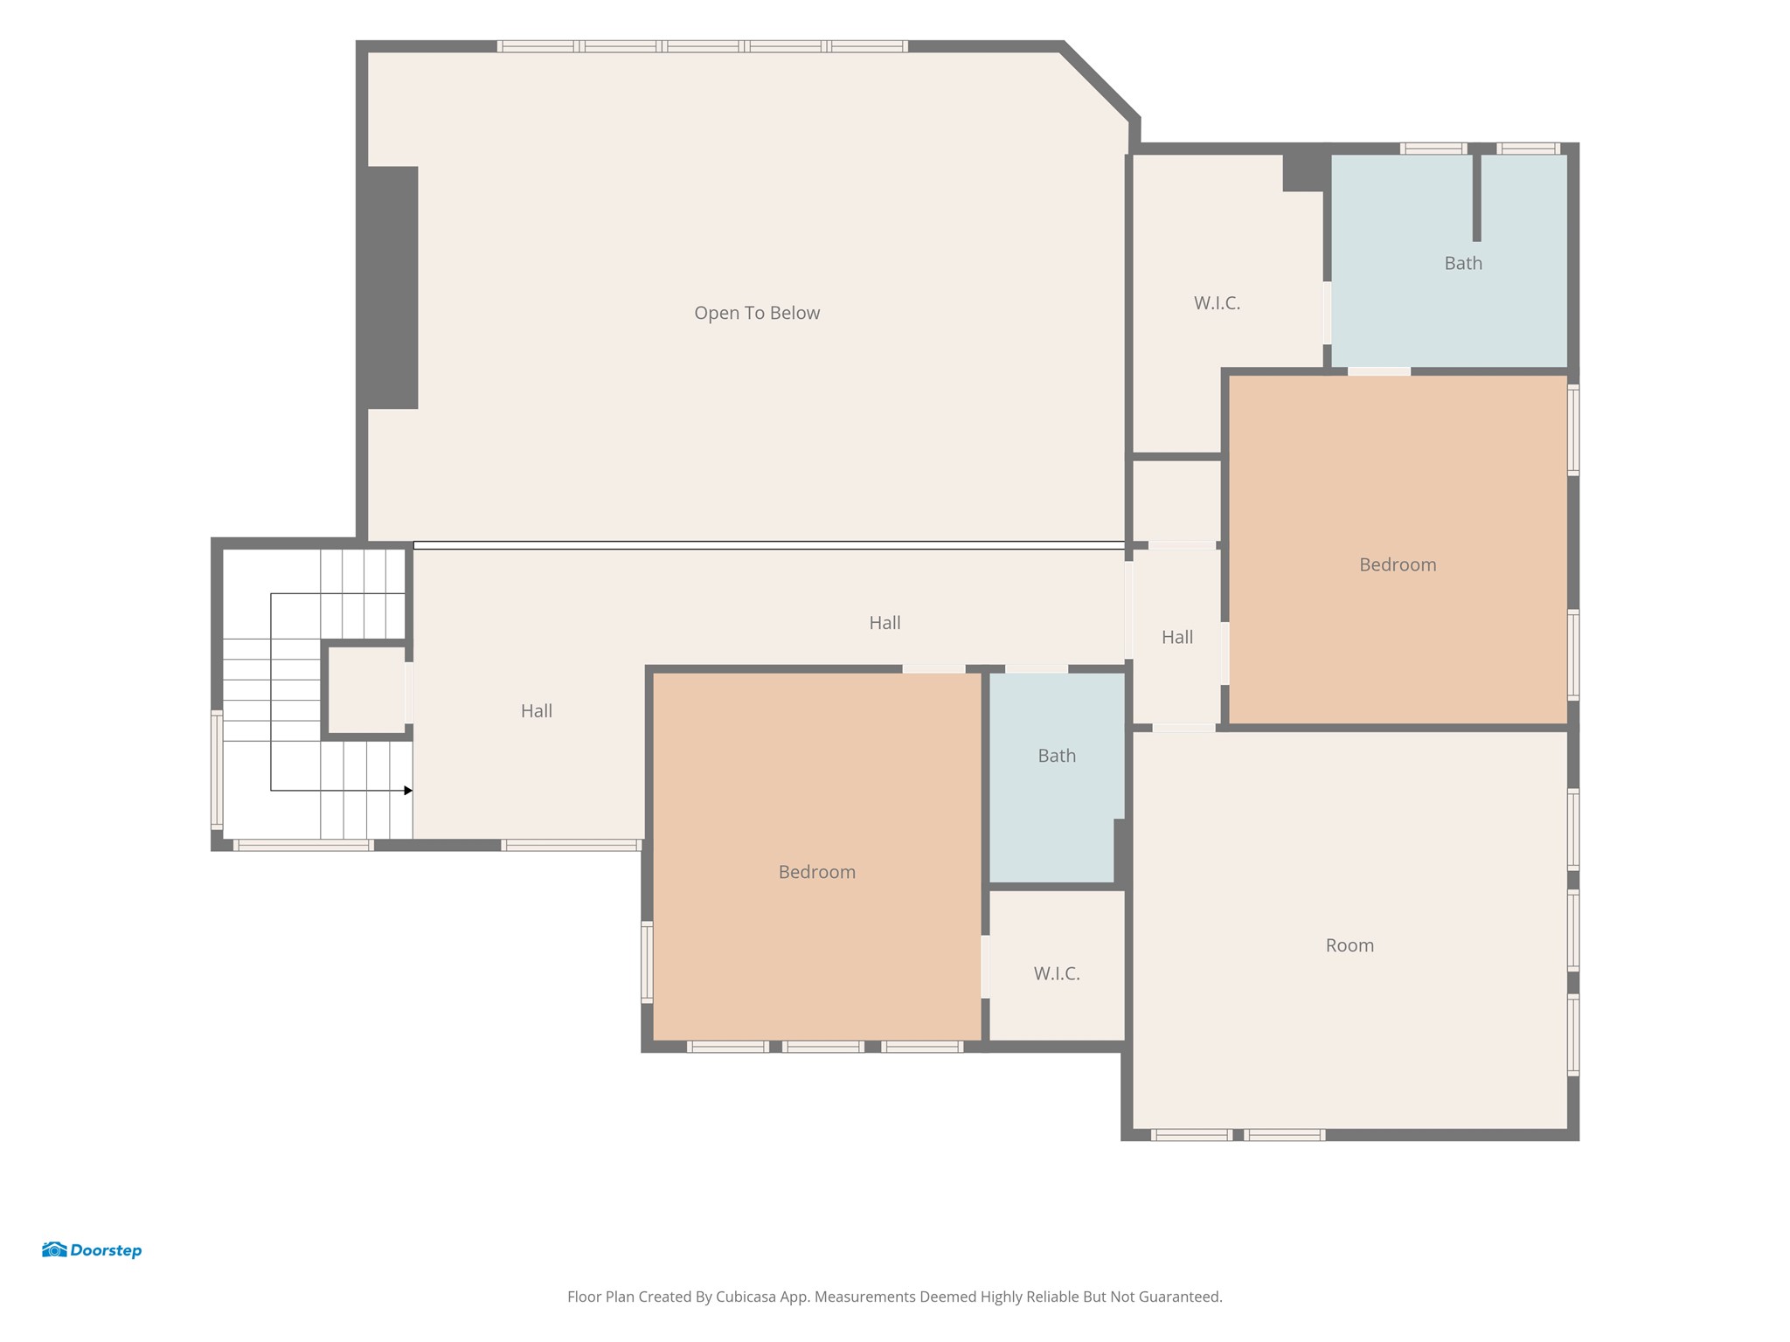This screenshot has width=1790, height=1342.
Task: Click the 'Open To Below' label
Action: pyautogui.click(x=757, y=313)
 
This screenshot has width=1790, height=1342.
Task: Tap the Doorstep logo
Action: pyautogui.click(x=92, y=1249)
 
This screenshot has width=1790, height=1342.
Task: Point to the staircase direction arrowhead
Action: pyautogui.click(x=408, y=791)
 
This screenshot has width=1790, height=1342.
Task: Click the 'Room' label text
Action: pyautogui.click(x=1349, y=945)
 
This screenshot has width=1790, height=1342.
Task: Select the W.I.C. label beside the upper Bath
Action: pyautogui.click(x=1217, y=303)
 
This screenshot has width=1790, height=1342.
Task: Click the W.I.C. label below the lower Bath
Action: pyautogui.click(x=1057, y=973)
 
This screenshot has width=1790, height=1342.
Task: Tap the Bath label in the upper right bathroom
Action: pyautogui.click(x=1463, y=263)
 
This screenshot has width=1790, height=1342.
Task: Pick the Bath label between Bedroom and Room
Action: pyautogui.click(x=1057, y=756)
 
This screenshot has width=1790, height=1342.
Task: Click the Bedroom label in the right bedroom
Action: pyautogui.click(x=1398, y=564)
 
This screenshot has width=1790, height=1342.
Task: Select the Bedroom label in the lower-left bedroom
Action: pyautogui.click(x=817, y=872)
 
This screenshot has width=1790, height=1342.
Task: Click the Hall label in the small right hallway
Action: pyautogui.click(x=1177, y=637)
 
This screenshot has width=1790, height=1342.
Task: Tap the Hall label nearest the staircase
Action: pyautogui.click(x=537, y=711)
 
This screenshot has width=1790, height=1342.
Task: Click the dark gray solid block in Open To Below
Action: pyautogui.click(x=392, y=287)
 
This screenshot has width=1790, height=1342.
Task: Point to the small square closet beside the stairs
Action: pyautogui.click(x=366, y=689)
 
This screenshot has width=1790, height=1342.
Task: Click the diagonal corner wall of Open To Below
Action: pyautogui.click(x=1100, y=81)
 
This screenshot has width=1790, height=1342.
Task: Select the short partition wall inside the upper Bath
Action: pyautogui.click(x=1477, y=196)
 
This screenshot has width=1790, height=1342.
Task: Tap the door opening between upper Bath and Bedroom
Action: pyautogui.click(x=1379, y=371)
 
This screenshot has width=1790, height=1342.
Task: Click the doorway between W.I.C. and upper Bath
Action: pyautogui.click(x=1327, y=312)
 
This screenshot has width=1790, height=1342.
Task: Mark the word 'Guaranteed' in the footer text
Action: pyautogui.click(x=1180, y=1297)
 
